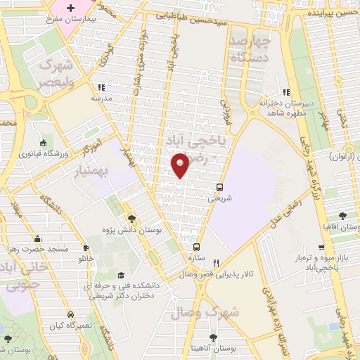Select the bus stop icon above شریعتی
tap(220, 187)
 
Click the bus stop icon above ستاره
tap(197, 247)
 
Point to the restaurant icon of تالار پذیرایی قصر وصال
tap(226, 262)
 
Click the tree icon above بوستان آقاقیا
tap(343, 216)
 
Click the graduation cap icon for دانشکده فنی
tap(120, 275)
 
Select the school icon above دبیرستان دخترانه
tap(285, 92)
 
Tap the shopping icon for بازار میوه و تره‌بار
tap(322, 248)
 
